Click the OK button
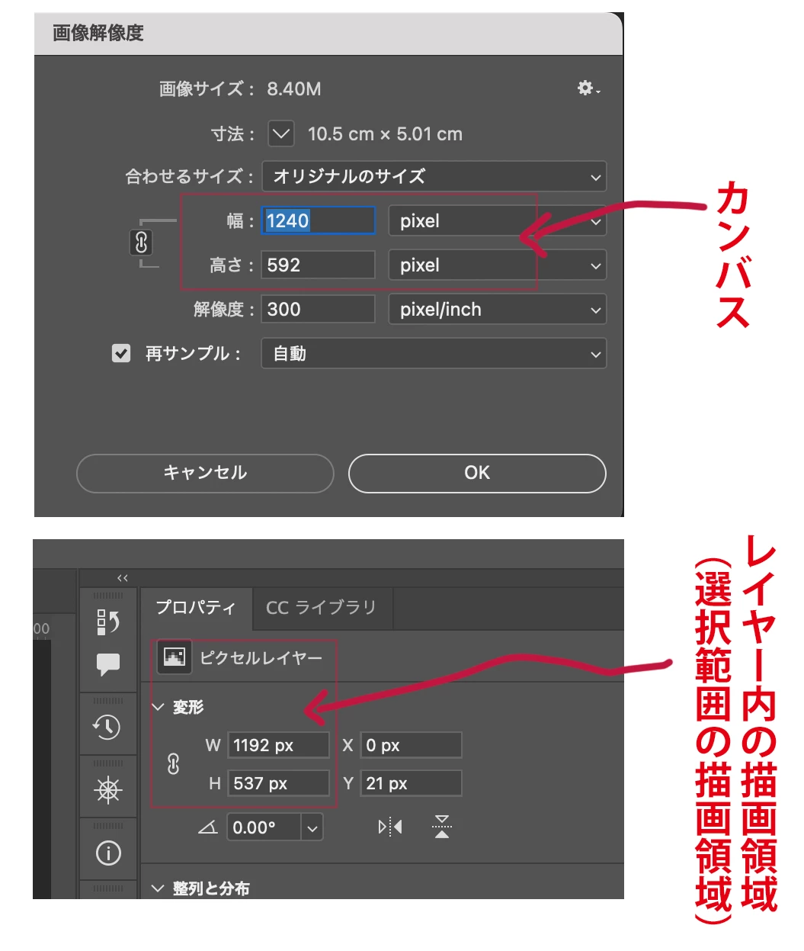pos(477,473)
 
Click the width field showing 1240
pos(318,220)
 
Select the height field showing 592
pos(318,265)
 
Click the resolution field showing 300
pos(318,309)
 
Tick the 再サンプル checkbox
pos(121,353)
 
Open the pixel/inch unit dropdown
pos(498,309)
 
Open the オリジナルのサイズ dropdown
pos(434,176)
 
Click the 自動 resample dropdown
pos(434,353)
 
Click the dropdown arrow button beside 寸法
pos(281,134)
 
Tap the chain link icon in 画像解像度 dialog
pos(141,243)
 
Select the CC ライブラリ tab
pos(322,607)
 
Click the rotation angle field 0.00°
pos(264,827)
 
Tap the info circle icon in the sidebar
pos(108,853)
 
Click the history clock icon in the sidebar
pos(107,727)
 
